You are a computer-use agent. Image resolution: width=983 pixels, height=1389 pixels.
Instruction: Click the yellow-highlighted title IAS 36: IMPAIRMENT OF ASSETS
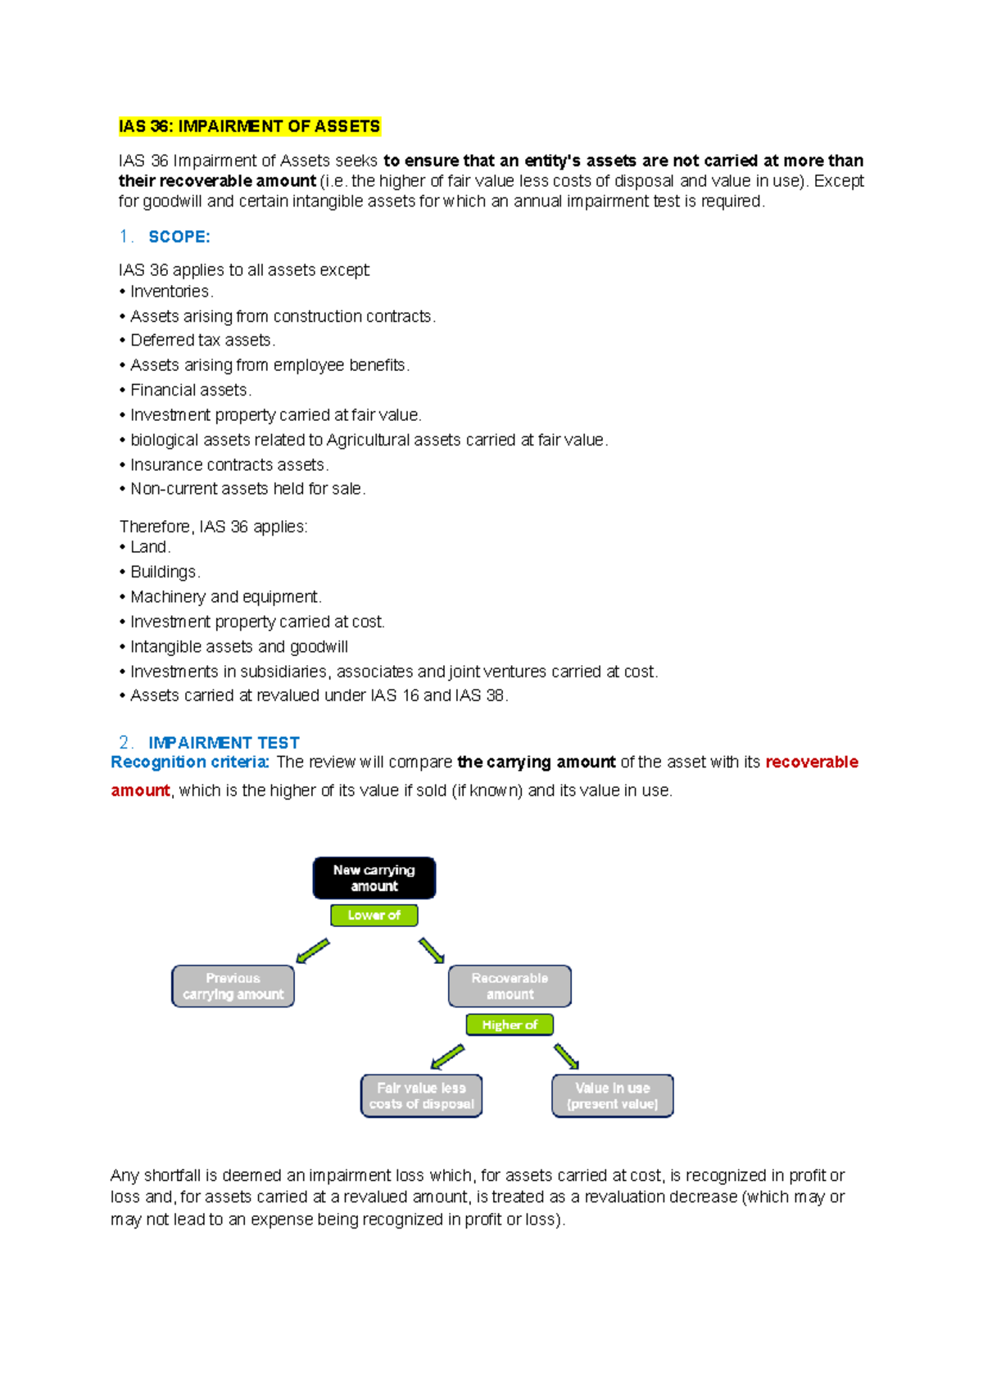point(249,126)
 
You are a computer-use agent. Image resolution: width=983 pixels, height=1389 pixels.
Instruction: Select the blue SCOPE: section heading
point(179,237)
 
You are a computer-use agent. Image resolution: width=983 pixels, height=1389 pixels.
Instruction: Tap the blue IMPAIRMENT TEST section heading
point(224,743)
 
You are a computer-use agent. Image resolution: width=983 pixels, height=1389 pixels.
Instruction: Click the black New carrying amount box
point(374,878)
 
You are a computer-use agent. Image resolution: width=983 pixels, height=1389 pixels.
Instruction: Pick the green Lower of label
point(374,915)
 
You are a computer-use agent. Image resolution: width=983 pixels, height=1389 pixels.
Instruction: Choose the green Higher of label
point(510,1025)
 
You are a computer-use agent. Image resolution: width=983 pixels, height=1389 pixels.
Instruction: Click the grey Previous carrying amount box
point(233,986)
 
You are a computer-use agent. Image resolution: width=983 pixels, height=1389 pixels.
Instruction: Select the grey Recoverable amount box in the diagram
point(510,986)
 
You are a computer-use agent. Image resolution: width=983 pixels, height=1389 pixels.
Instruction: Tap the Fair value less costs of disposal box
point(421,1096)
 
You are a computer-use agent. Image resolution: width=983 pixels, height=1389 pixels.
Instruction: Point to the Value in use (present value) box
point(613,1096)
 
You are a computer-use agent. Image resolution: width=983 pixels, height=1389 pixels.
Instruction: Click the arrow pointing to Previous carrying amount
point(312,952)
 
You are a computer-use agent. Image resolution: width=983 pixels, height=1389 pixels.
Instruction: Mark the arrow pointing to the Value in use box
point(566,1056)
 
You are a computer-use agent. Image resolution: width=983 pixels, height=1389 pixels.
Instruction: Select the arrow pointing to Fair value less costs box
point(447,1056)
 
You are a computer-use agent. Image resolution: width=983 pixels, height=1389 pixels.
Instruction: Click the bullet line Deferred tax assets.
point(202,340)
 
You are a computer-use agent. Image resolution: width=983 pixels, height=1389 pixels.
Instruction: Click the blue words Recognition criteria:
point(190,762)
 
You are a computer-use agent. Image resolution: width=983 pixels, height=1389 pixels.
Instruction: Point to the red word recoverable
point(811,762)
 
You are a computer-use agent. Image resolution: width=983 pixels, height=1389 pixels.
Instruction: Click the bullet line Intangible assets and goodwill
point(238,647)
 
